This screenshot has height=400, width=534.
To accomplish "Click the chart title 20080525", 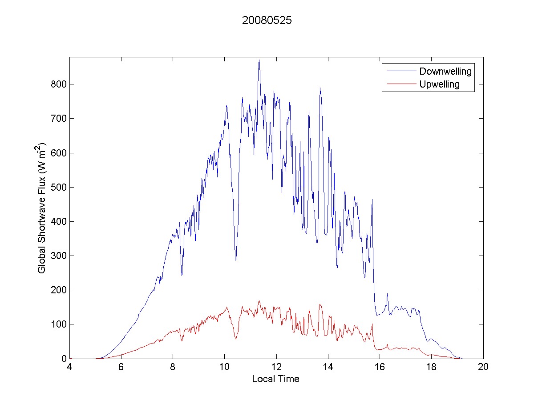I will coord(267,21).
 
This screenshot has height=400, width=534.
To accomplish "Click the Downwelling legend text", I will coord(445,71).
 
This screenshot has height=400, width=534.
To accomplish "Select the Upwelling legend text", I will coord(439,84).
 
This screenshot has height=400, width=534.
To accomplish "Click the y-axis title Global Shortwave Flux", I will coord(42,208).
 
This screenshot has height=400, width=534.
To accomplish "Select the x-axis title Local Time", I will coord(275,379).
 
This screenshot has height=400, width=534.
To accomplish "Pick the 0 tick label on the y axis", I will coord(63,359).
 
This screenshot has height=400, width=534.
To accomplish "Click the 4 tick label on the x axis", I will coord(69,368).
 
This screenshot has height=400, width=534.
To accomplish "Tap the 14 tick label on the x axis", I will coord(328,368).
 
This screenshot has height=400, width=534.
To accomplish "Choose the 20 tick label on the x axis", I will coord(483,368).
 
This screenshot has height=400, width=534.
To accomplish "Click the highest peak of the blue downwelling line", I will coord(259,60).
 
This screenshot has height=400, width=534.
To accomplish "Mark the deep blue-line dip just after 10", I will coord(235,260).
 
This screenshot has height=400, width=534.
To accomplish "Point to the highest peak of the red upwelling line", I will coord(259,301).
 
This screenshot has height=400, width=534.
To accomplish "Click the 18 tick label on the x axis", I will coord(431,368).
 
